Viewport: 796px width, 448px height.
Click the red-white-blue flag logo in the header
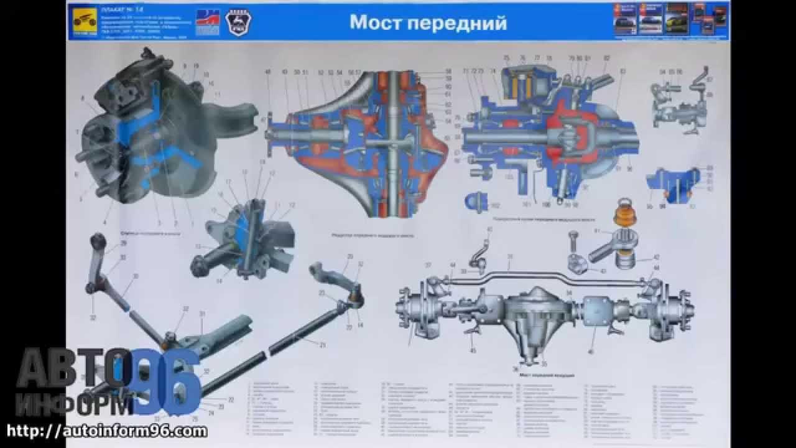coord(208,22)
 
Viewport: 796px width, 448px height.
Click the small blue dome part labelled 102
coord(476,201)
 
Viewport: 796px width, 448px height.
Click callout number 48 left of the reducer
coord(269,73)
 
